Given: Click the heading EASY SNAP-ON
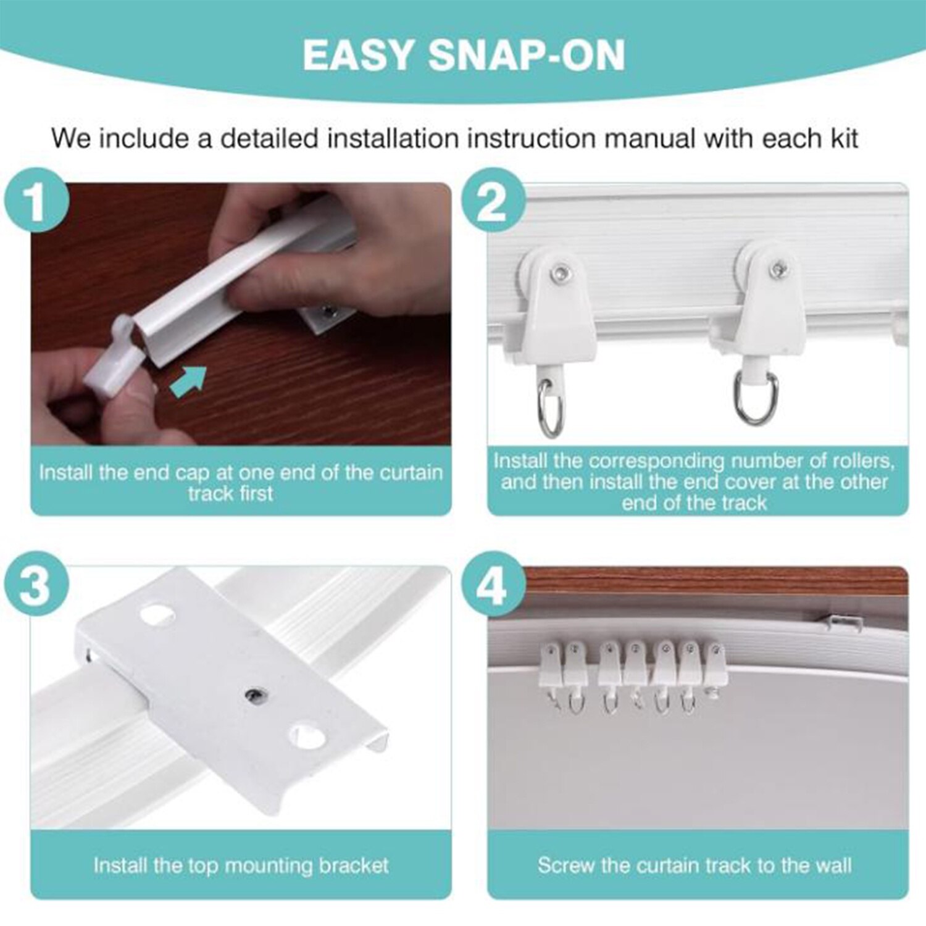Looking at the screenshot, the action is tap(464, 55).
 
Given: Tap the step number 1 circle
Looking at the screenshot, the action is tap(36, 200).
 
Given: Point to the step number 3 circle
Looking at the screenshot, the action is tap(36, 584).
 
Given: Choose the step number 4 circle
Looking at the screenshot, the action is tap(493, 584).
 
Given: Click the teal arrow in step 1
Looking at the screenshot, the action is tap(188, 379).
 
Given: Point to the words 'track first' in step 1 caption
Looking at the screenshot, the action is tap(230, 494).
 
